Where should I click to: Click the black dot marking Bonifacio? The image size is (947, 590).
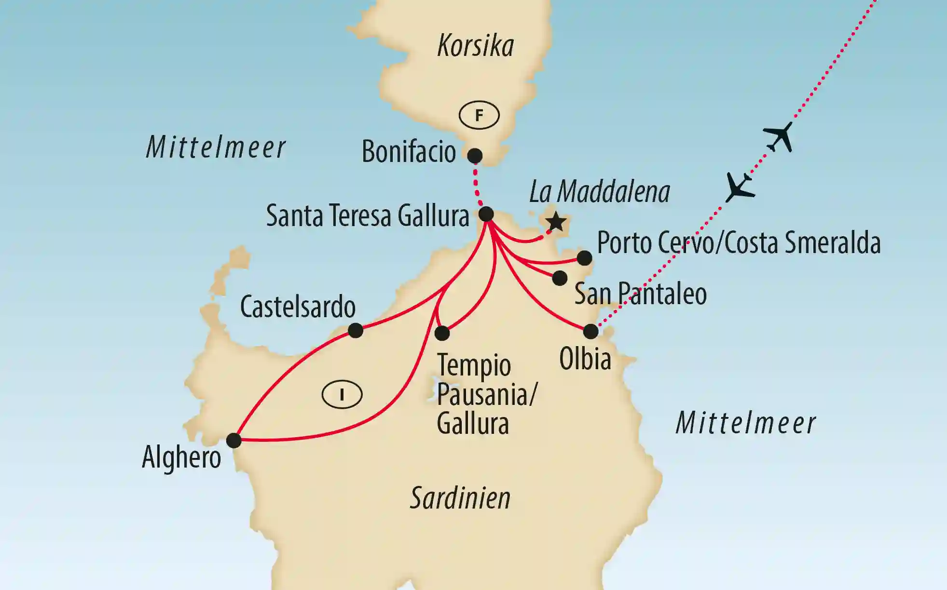pyautogui.click(x=475, y=156)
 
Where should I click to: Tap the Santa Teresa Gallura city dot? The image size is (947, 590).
pyautogui.click(x=486, y=214)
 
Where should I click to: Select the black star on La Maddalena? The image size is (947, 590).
pyautogui.click(x=556, y=222)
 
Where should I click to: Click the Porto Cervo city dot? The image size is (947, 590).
pyautogui.click(x=584, y=258)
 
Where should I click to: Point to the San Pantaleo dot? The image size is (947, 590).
pyautogui.click(x=560, y=278)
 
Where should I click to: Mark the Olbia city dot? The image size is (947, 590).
pyautogui.click(x=590, y=332)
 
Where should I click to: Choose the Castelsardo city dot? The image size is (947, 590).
pyautogui.click(x=356, y=330)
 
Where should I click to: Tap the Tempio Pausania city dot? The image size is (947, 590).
pyautogui.click(x=442, y=333)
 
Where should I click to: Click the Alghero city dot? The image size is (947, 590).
pyautogui.click(x=234, y=440)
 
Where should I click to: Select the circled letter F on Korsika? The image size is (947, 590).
pyautogui.click(x=479, y=116)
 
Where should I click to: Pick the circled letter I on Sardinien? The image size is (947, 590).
pyautogui.click(x=342, y=395)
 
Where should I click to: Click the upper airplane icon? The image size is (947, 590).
pyautogui.click(x=779, y=136)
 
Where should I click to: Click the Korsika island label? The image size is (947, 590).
pyautogui.click(x=475, y=46)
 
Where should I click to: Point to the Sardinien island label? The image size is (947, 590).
pyautogui.click(x=460, y=498)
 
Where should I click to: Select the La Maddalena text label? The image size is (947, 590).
pyautogui.click(x=600, y=192)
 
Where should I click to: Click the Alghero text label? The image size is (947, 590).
pyautogui.click(x=181, y=457)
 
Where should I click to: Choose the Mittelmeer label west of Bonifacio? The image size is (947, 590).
pyautogui.click(x=216, y=147)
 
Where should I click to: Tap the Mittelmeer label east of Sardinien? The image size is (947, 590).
pyautogui.click(x=745, y=423)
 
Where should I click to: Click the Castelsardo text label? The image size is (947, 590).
pyautogui.click(x=298, y=307)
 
